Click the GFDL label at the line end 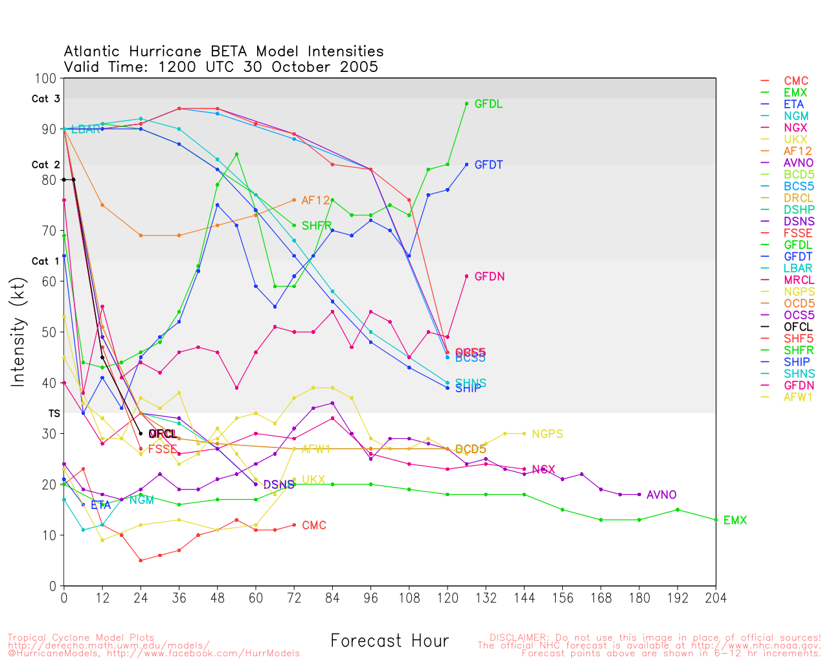point(488,104)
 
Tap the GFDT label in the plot point(488,165)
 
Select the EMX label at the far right point(735,520)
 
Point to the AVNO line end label point(661,495)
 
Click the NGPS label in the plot point(547,434)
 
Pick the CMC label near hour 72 point(314,525)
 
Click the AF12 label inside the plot point(316,200)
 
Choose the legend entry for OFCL point(798,327)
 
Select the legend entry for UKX point(795,139)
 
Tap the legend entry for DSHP point(799,209)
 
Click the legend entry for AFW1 point(798,397)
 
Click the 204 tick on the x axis point(716,597)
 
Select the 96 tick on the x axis point(370,597)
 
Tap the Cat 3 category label point(45,99)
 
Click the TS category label point(54,413)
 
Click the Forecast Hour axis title point(389,641)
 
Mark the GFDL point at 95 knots point(466,104)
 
